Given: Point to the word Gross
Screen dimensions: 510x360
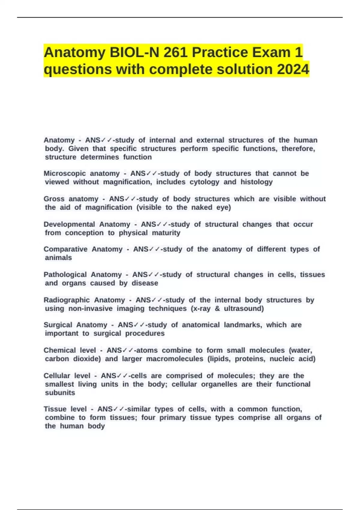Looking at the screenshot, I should point(54,199).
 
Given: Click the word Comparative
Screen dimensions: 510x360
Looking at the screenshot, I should point(65,249).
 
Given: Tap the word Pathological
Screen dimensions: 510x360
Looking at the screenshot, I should point(65,274).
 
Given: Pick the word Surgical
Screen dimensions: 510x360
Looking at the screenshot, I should point(58,325).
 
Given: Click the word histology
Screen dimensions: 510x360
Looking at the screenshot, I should point(256,182).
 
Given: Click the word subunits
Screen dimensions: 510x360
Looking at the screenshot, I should point(60,393).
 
